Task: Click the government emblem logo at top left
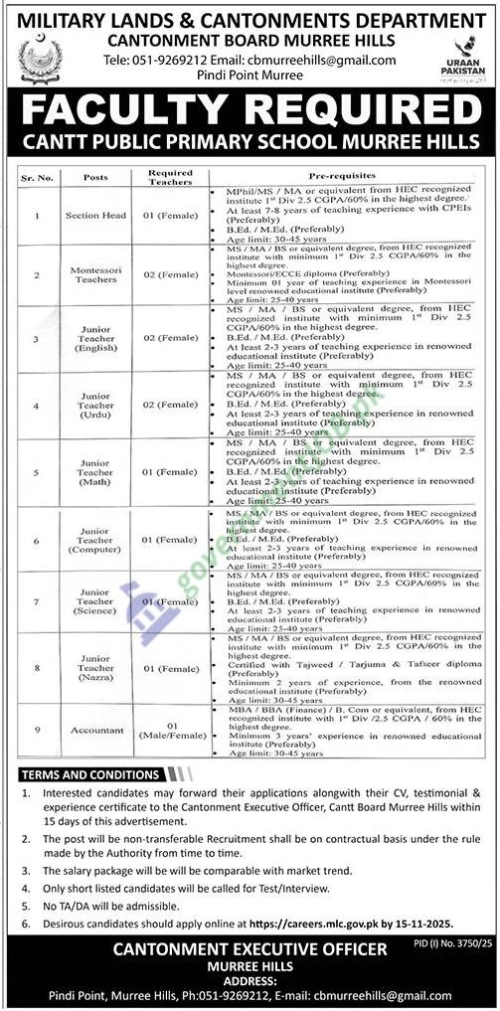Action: [40, 58]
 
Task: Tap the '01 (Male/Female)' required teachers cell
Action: [170, 732]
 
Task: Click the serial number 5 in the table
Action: [35, 471]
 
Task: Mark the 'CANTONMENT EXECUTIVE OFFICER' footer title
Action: [250, 949]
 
